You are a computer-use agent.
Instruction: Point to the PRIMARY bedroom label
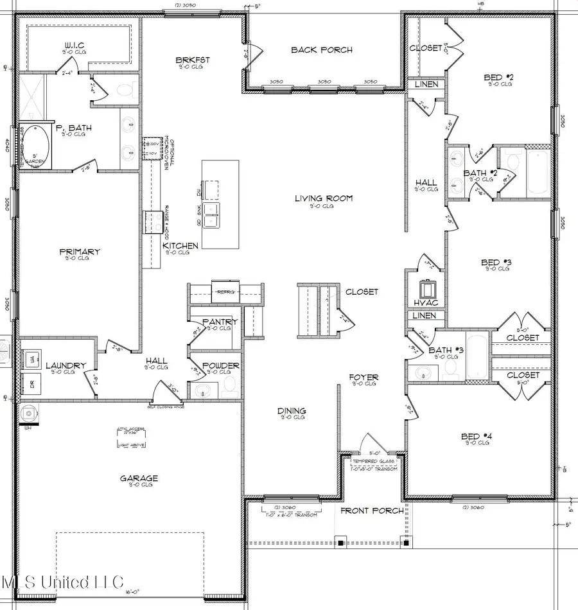(x=80, y=252)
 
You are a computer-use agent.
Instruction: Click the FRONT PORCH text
(x=372, y=510)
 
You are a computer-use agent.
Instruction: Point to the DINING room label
(x=291, y=411)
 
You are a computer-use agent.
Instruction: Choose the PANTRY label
(x=220, y=321)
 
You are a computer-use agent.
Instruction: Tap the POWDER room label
(x=220, y=365)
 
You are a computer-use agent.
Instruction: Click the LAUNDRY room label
(x=66, y=366)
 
